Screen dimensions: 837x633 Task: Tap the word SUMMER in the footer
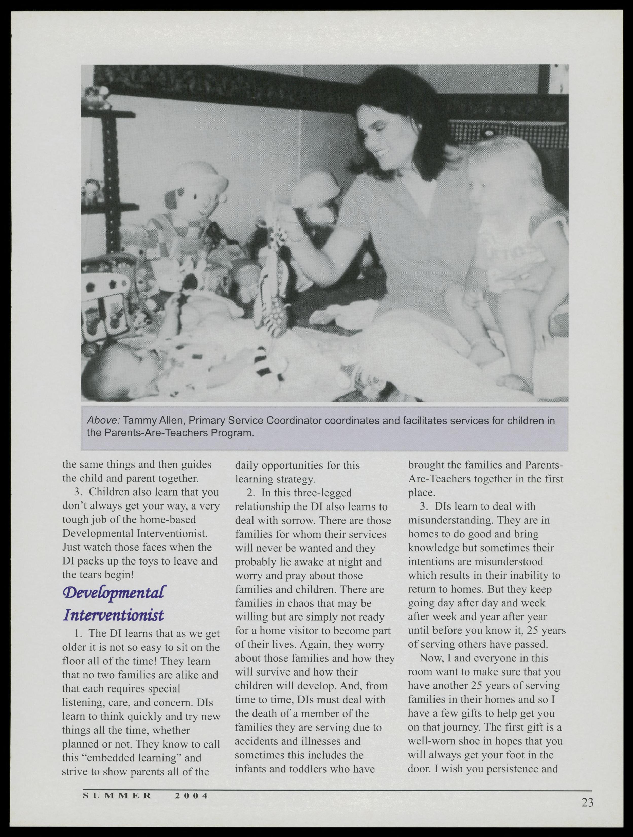pyautogui.click(x=117, y=796)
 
